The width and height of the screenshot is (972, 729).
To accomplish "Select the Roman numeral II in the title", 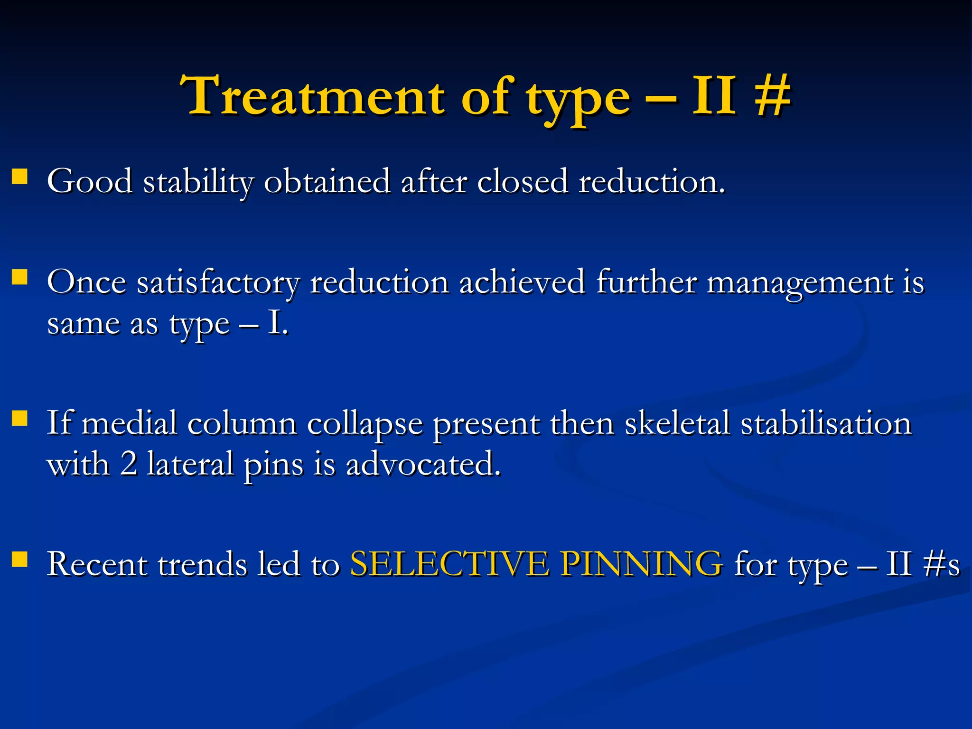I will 715,96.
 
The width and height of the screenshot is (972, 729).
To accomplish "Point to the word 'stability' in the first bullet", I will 198,182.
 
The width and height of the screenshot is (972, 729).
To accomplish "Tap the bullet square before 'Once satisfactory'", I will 19,277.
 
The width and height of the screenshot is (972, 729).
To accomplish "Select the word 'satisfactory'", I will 218,283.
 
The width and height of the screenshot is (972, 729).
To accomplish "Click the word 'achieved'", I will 522,282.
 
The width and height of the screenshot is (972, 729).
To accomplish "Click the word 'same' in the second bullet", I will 84,325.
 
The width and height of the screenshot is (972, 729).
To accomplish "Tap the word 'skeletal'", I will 677,423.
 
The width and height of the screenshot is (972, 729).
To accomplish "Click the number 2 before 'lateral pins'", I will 128,464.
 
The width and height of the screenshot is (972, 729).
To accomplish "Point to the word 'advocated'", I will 423,464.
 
